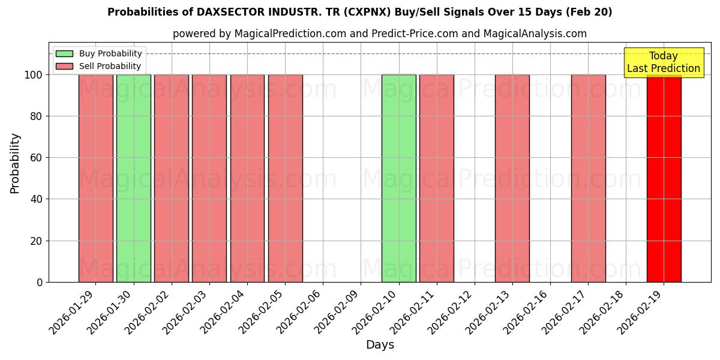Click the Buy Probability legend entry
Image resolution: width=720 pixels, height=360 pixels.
pyautogui.click(x=99, y=53)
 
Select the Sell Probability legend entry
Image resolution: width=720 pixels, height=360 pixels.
pyautogui.click(x=99, y=66)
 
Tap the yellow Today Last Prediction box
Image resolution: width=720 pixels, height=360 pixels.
pyautogui.click(x=663, y=62)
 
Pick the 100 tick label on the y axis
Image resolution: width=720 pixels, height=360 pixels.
pyautogui.click(x=34, y=75)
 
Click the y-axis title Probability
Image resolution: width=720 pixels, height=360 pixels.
pyautogui.click(x=15, y=163)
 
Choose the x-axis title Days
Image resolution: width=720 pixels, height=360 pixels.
pyautogui.click(x=380, y=345)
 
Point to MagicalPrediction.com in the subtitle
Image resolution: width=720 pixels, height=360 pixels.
pyautogui.click(x=290, y=34)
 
